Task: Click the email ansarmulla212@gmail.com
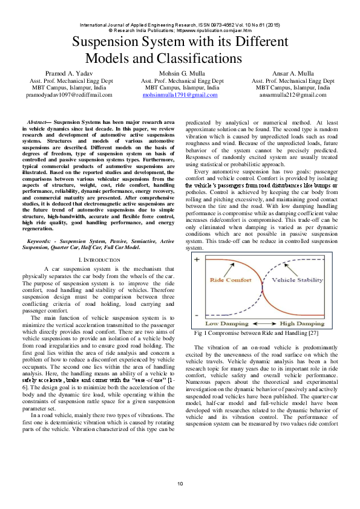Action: [x=293, y=96]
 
